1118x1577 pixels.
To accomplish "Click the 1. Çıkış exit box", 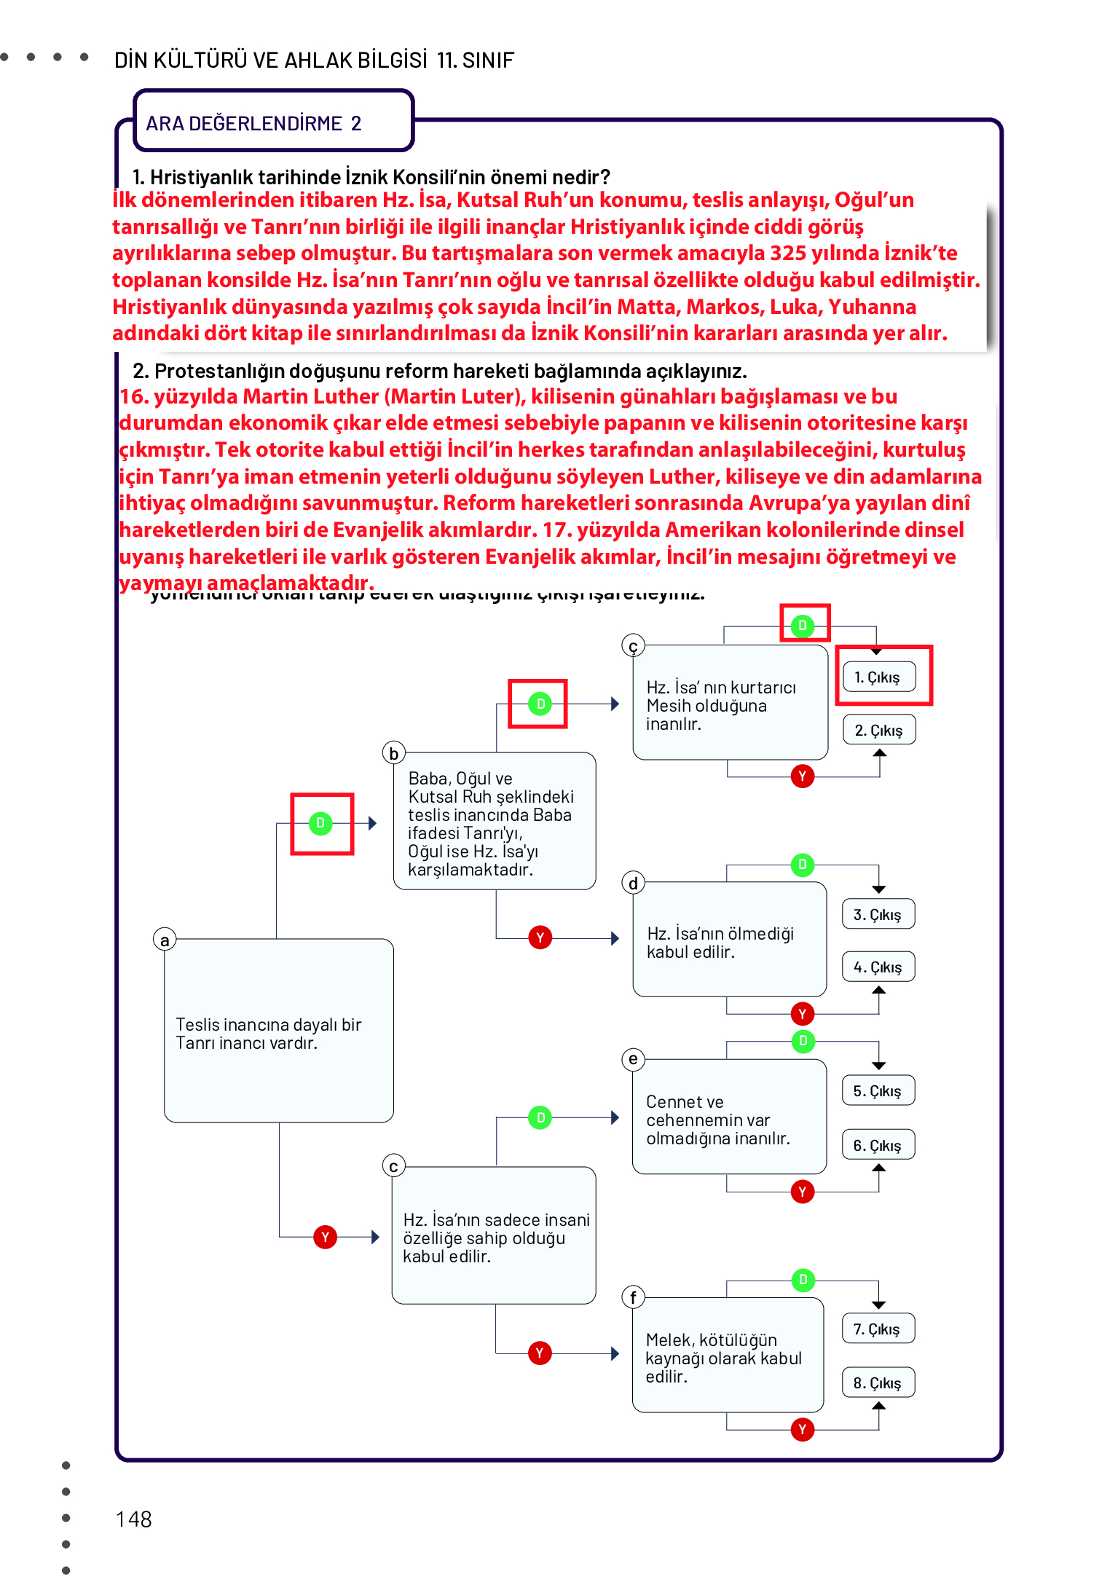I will [878, 677].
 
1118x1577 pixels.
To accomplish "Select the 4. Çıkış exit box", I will [878, 967].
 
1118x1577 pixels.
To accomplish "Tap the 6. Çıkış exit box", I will [878, 1144].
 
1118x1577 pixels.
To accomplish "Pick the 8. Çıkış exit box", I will [878, 1382].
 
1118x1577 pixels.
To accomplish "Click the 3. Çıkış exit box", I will [878, 913].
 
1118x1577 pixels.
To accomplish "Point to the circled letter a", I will [165, 940].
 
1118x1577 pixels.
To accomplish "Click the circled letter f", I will [633, 1297].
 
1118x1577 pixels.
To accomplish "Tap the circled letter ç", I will [633, 645].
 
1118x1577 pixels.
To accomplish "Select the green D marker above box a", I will [320, 823].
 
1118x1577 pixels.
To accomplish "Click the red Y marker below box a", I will [325, 1236].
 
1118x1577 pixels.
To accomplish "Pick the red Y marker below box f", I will [802, 1429].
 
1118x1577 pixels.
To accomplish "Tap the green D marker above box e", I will [803, 1040].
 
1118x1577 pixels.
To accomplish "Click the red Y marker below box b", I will [540, 937].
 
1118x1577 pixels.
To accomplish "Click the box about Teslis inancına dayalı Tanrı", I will [279, 1031].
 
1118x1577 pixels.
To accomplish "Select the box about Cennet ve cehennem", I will [729, 1117].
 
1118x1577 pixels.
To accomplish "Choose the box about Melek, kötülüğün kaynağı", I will [728, 1355].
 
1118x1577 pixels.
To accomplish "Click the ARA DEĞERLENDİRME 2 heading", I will [253, 123].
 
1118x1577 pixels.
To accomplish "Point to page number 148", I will [133, 1519].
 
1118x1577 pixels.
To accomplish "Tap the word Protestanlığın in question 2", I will [219, 371].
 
